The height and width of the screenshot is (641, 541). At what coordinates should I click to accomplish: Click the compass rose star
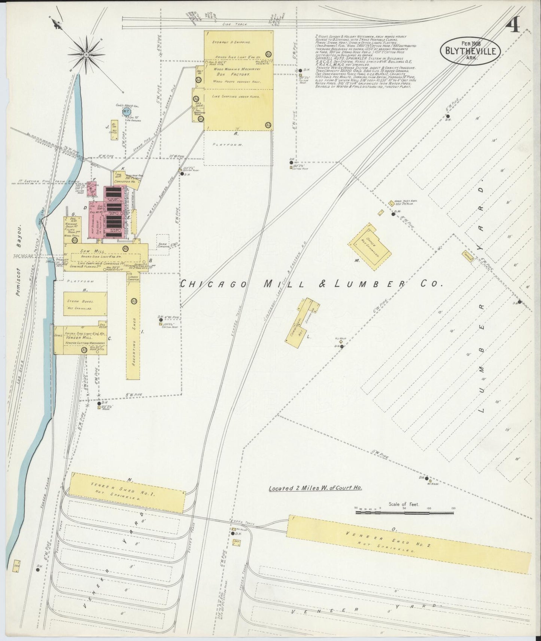pos(86,55)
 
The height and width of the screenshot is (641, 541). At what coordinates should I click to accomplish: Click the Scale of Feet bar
pos(404,512)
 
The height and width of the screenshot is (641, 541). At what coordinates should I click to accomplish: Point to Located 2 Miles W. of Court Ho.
pos(317,488)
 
